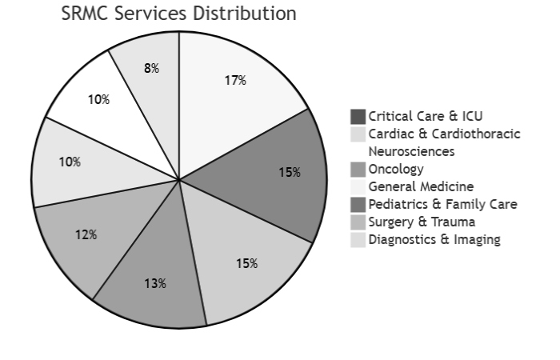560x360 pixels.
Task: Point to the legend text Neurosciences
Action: tap(411, 151)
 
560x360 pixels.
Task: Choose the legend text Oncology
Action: tap(396, 169)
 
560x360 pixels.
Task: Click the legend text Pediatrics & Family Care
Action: tap(442, 204)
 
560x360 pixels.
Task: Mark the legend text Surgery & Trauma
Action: tap(422, 222)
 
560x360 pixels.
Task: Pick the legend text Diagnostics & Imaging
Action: tap(434, 239)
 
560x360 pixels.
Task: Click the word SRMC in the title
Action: tap(86, 14)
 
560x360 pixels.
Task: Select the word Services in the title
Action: tap(154, 14)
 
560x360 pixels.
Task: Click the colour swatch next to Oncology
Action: tap(358, 169)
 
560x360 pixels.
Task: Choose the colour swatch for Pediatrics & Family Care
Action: tap(358, 204)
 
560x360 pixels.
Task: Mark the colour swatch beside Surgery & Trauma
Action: tap(358, 222)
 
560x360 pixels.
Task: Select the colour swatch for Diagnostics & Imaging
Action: tap(358, 239)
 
